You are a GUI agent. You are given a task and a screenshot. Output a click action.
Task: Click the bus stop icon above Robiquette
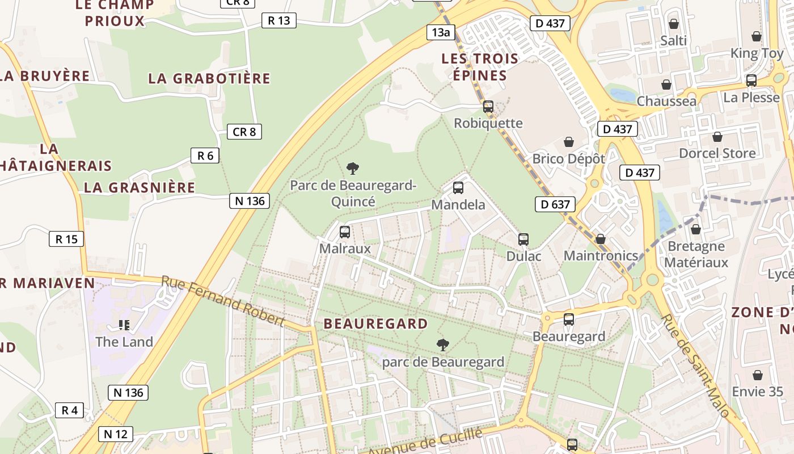pyautogui.click(x=488, y=107)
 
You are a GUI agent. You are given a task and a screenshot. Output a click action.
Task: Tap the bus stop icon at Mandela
pyautogui.click(x=458, y=188)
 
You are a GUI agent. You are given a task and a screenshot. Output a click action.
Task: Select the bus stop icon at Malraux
pyautogui.click(x=345, y=232)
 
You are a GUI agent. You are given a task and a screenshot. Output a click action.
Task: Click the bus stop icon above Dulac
pyautogui.click(x=523, y=239)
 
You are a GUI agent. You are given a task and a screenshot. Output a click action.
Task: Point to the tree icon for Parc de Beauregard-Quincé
pyautogui.click(x=353, y=169)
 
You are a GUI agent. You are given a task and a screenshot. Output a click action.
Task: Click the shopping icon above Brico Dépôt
pyautogui.click(x=569, y=142)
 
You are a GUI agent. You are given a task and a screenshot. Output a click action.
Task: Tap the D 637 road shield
pyautogui.click(x=555, y=204)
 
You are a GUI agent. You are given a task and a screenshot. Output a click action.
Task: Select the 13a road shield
pyautogui.click(x=441, y=32)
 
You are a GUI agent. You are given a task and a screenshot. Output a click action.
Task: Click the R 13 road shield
pyautogui.click(x=278, y=21)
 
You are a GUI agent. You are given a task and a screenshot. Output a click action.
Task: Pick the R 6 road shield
pyautogui.click(x=205, y=155)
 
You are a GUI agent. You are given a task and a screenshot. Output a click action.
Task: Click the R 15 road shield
pyautogui.click(x=66, y=239)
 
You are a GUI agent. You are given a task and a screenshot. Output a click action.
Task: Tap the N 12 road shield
pyautogui.click(x=116, y=434)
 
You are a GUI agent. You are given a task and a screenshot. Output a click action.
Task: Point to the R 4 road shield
pyautogui.click(x=70, y=410)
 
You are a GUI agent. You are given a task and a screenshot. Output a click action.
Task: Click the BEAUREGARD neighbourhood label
pyautogui.click(x=375, y=324)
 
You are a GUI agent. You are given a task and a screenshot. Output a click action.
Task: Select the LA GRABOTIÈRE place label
pyautogui.click(x=209, y=78)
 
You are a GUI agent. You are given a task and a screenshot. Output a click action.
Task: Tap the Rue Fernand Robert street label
pyautogui.click(x=222, y=301)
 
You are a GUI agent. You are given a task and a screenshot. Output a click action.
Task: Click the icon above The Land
pyautogui.click(x=124, y=325)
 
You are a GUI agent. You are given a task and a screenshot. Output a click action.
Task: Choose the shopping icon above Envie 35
pyautogui.click(x=757, y=376)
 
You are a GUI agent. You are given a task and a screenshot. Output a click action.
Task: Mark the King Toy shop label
pyautogui.click(x=757, y=53)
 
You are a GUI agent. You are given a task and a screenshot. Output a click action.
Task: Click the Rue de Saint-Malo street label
pyautogui.click(x=695, y=366)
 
